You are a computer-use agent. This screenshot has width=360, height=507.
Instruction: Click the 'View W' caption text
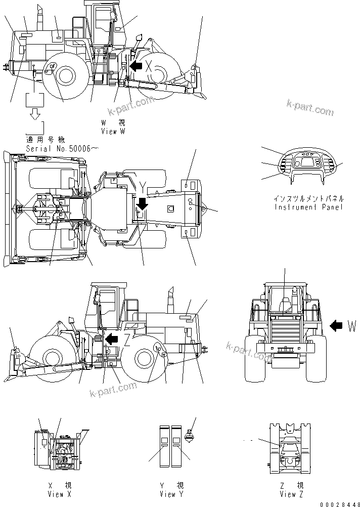click(x=113, y=131)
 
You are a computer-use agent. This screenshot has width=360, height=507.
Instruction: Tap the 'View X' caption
click(x=59, y=494)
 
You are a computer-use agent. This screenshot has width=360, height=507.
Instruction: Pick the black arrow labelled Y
click(x=142, y=203)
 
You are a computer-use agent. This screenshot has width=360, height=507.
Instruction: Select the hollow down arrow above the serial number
click(x=35, y=115)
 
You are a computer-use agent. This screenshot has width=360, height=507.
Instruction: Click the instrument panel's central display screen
click(x=302, y=164)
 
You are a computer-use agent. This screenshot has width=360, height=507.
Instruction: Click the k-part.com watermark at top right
click(x=309, y=108)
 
